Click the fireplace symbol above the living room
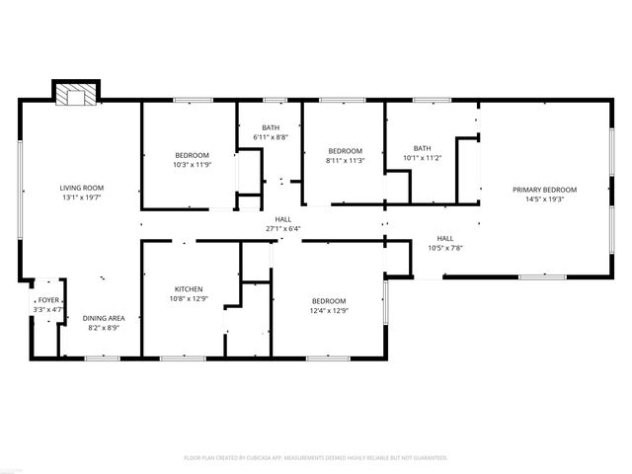point(76,95)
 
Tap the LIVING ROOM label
point(82,188)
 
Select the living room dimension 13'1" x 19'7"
point(82,197)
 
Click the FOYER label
point(48,300)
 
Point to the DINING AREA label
point(103,318)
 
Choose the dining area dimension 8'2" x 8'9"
point(103,327)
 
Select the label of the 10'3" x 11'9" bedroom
point(193,155)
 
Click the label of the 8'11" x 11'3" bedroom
point(346,150)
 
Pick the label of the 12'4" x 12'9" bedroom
point(329,301)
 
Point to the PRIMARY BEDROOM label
point(543,189)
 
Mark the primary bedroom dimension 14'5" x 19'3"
point(543,197)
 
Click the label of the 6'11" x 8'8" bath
point(271,127)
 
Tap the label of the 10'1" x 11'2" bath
point(423,148)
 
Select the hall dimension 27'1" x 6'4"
point(283,229)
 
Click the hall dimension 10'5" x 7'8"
point(445,247)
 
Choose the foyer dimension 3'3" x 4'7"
point(48,309)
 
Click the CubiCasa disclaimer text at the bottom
point(316,457)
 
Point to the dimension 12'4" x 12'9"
point(329,310)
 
